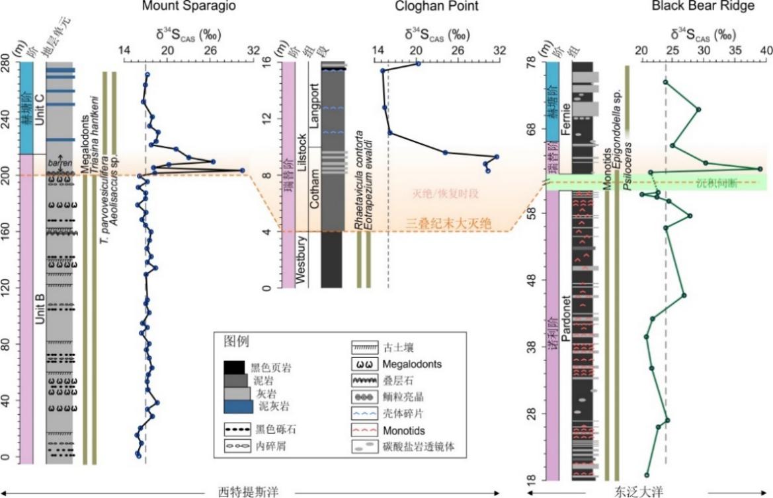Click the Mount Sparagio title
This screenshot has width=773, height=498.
[x=189, y=7]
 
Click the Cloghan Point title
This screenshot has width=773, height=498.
[x=436, y=7]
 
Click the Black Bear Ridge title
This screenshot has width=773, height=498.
[x=693, y=7]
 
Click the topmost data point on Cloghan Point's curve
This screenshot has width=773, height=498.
[x=418, y=63]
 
